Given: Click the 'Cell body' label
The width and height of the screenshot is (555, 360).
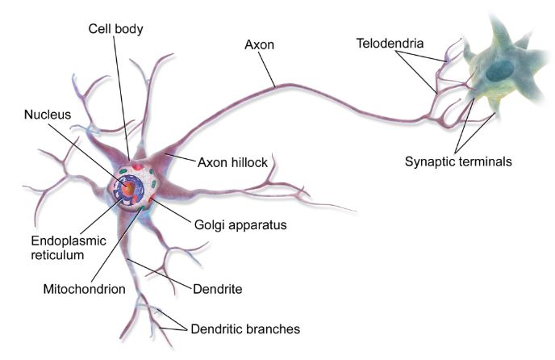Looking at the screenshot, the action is [x=115, y=29].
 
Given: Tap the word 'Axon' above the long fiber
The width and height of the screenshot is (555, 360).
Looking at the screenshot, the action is [x=260, y=44].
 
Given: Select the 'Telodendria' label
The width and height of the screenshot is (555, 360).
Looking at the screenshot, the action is [x=390, y=44].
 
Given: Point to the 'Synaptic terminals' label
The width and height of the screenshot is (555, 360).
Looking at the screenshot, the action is [x=458, y=161].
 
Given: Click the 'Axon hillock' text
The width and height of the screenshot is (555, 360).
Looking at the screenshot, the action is [x=232, y=162].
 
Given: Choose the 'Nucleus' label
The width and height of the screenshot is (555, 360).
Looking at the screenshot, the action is [x=48, y=115].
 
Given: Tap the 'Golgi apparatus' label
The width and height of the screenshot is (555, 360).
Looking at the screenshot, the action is [x=240, y=225].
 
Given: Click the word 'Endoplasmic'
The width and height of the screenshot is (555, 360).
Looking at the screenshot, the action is [x=69, y=241].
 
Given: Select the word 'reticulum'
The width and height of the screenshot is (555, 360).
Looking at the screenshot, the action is [x=57, y=255].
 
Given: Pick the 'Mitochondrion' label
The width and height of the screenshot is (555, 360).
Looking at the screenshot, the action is [x=84, y=289].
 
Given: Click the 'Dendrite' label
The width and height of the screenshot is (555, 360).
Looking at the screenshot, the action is [x=218, y=289].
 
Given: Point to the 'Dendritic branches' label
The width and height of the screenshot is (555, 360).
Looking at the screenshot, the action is [x=245, y=329].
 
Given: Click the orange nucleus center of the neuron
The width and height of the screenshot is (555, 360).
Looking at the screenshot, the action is [x=130, y=188].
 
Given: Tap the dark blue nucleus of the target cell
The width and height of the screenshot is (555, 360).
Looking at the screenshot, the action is [x=499, y=70].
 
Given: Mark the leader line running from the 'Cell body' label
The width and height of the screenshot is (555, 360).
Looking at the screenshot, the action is [x=121, y=98].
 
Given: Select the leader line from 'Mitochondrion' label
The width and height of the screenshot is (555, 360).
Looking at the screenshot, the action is [x=116, y=245].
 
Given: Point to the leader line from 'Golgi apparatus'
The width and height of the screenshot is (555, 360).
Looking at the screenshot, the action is [x=170, y=211].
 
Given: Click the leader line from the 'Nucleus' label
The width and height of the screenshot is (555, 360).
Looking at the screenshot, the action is [x=89, y=154].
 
